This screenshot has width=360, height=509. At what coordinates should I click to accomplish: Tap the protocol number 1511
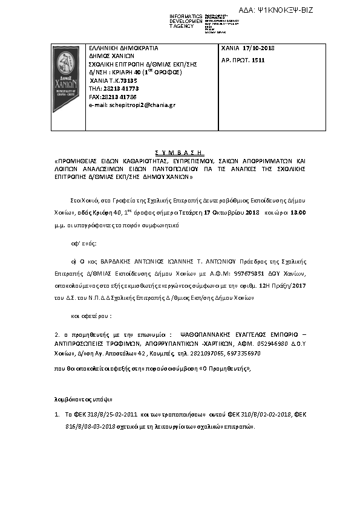coord(258,60)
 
